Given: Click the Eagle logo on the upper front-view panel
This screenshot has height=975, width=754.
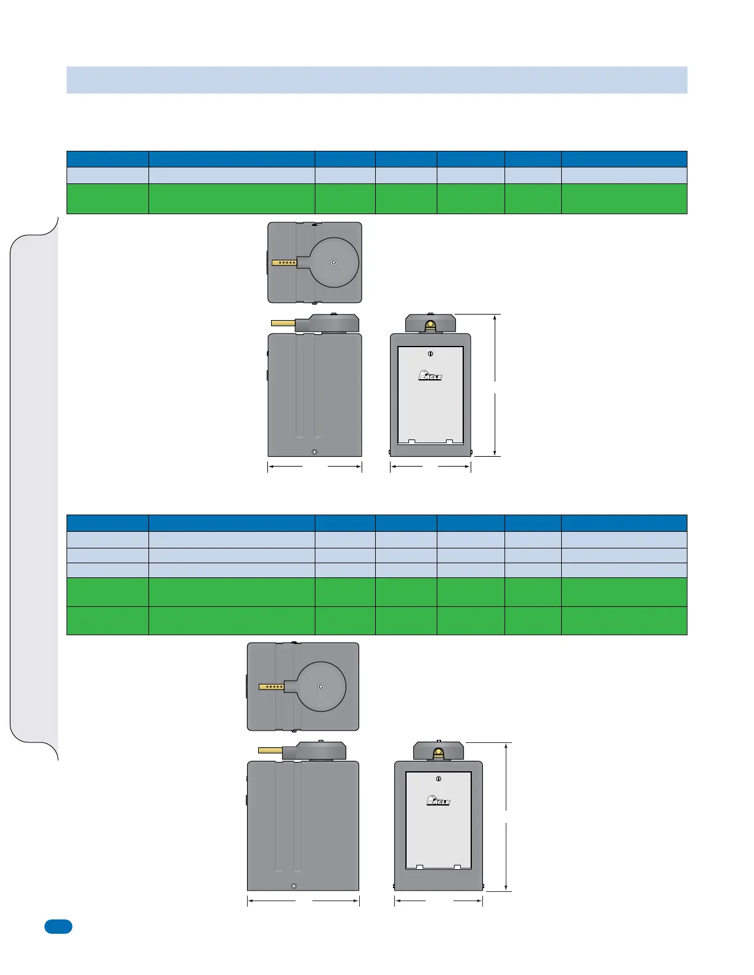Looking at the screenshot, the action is tap(430, 375).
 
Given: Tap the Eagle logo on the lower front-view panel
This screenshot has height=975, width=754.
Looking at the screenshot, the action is tap(438, 800).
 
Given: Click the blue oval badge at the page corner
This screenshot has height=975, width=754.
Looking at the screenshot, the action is tap(58, 926).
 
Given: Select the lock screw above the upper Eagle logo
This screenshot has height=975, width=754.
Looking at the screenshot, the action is tap(431, 354).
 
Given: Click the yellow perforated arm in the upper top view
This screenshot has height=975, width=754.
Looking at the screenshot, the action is tap(285, 263).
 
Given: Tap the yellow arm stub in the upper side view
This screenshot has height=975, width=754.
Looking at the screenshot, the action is tap(283, 323).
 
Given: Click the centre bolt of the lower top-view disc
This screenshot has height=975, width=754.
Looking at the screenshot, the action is tap(320, 686).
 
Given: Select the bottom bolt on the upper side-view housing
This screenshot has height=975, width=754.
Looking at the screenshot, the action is tap(314, 452).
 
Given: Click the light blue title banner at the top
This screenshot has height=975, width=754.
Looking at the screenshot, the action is tap(376, 80).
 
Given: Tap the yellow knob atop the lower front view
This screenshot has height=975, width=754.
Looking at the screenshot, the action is tap(438, 752).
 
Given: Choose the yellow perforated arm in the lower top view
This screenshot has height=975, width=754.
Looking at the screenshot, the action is tap(271, 686).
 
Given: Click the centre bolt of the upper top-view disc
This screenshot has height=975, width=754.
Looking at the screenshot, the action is tap(333, 262).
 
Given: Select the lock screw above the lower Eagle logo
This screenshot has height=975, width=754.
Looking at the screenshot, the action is tap(438, 779).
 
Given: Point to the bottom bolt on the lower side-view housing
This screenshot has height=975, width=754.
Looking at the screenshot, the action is tap(294, 886).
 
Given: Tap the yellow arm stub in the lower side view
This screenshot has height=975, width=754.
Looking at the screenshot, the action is tap(269, 750).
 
